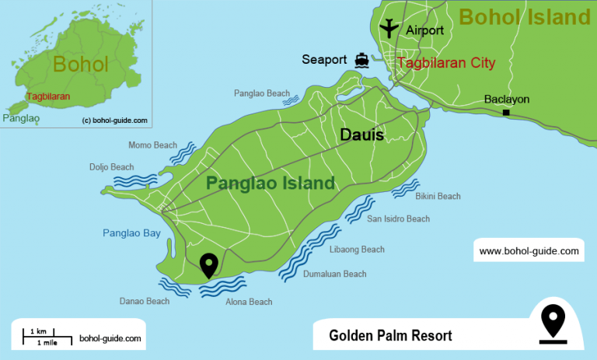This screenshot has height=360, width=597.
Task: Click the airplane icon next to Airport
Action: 389,29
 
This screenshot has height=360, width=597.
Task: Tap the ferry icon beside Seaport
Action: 361,60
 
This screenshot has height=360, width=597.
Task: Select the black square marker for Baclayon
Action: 506,114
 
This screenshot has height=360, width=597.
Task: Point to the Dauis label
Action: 361,135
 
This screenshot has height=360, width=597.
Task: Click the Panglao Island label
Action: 270,183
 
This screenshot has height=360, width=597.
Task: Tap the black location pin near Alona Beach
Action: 208,265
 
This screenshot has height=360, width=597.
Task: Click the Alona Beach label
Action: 249,302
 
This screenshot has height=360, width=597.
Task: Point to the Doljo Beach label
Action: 111,167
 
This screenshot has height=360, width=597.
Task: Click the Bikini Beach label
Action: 438,197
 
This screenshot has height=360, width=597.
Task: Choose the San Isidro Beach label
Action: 398,219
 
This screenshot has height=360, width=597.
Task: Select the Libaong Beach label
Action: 358,250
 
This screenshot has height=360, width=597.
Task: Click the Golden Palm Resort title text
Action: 390,336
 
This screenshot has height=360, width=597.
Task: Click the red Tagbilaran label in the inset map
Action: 48,96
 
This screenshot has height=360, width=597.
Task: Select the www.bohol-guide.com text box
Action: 529,251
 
